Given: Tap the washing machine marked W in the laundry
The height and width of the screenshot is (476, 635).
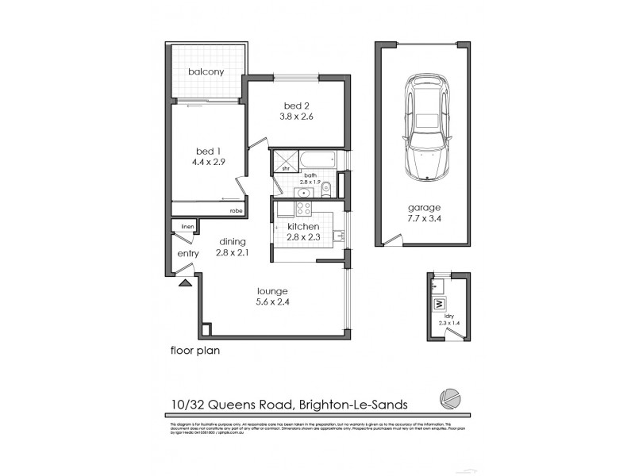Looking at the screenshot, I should pos(437,304).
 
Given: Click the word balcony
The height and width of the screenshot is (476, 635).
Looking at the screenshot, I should pos(206,72).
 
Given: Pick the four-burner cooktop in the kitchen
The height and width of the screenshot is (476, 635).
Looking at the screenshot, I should pos(304,209).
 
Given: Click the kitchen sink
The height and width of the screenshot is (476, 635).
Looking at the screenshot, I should pos(339,235).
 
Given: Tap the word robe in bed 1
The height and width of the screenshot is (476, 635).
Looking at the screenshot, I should pos(236,211).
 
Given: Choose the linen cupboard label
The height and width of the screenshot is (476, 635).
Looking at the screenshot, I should pos(187,227).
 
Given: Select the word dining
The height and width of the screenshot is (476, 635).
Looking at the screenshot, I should pos(231,242).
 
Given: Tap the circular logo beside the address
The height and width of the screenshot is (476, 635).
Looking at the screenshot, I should pos(450,399).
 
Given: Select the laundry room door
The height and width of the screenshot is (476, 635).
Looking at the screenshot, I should pos(454,334).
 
